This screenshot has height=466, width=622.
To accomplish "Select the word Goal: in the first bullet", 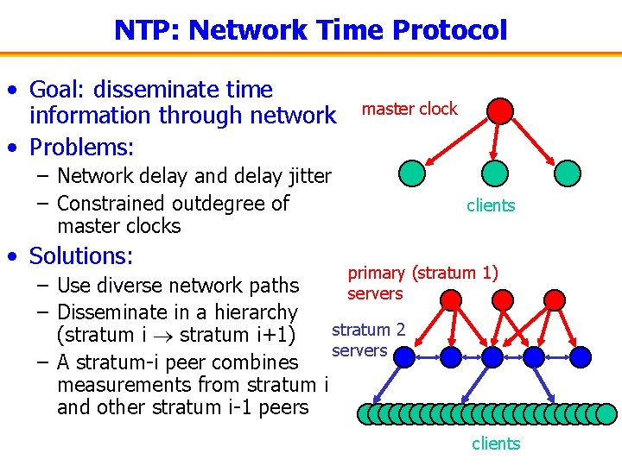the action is pyautogui.click(x=60, y=90).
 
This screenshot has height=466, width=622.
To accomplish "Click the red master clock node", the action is pyautogui.click(x=500, y=110).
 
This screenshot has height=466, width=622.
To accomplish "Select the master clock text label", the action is pyautogui.click(x=409, y=109).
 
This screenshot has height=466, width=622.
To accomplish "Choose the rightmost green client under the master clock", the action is pyautogui.click(x=568, y=173).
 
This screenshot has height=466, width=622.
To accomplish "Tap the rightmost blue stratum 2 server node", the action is pyautogui.click(x=581, y=356).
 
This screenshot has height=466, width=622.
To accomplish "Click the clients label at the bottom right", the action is pyautogui.click(x=496, y=444).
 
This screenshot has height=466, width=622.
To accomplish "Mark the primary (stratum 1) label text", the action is pyautogui.click(x=422, y=274).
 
